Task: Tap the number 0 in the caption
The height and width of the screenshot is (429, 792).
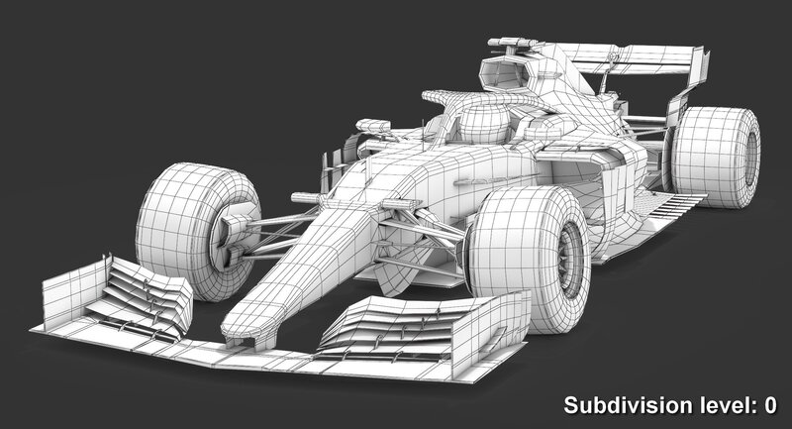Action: click(x=770, y=405)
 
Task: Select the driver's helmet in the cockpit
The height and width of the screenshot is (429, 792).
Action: click(x=484, y=123)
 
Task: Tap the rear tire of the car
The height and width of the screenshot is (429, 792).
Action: click(x=714, y=158)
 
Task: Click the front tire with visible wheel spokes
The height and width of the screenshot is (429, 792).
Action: click(x=530, y=259)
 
